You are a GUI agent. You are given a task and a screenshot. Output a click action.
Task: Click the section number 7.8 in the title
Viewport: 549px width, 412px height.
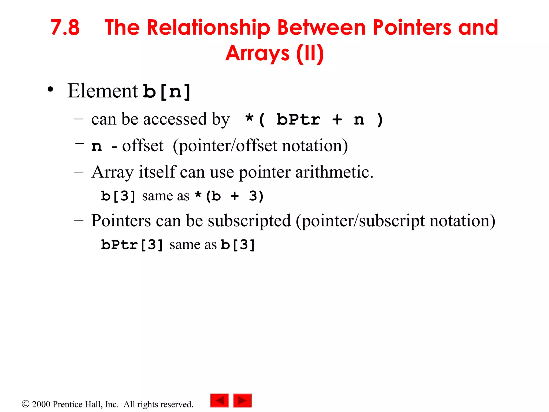[x=65, y=28]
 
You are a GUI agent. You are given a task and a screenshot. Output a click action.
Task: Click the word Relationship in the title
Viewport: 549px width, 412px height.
[x=209, y=28]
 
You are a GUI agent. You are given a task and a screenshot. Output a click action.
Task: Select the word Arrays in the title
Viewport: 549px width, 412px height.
[x=257, y=53]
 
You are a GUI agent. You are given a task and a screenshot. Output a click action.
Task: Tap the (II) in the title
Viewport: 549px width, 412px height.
[x=310, y=53]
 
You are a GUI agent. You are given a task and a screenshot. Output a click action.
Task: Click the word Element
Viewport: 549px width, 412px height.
[x=103, y=91]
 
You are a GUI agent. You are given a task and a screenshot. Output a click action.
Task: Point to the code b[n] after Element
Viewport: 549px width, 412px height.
[x=166, y=92]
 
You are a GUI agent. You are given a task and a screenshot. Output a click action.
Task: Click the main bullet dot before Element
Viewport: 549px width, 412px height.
[x=50, y=90]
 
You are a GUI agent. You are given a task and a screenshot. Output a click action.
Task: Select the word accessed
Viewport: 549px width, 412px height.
[x=175, y=119]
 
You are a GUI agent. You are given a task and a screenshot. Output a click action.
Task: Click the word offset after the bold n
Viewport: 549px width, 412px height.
[x=143, y=146]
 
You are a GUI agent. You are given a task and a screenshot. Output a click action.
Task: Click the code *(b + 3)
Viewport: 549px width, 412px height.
[x=229, y=196]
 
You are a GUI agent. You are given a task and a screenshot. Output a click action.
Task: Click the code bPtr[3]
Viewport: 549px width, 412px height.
[x=132, y=245]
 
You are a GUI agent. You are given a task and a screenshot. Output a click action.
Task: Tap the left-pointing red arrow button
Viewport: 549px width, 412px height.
[x=220, y=400]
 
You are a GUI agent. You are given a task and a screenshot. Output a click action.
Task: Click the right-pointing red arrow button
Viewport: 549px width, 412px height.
[x=242, y=400]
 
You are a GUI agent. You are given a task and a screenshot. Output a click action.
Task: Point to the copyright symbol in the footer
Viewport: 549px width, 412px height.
[x=25, y=404]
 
